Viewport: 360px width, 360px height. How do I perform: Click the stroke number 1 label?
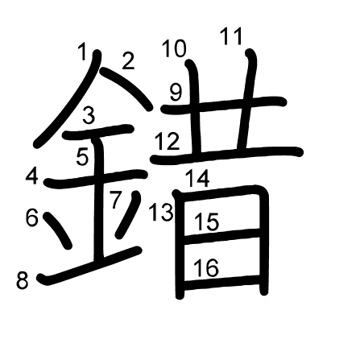point(83,52)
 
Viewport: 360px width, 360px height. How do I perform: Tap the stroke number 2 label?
point(128,61)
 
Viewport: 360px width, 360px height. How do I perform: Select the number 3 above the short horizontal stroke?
point(89,115)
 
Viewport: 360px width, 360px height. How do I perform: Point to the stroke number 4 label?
point(31,176)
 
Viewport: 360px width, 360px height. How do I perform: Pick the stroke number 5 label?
point(82,157)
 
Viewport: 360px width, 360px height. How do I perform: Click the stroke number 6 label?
point(32,217)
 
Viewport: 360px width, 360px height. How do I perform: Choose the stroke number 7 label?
point(116,200)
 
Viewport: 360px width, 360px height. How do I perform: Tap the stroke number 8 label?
point(23,280)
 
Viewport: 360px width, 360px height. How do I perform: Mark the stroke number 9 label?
point(176,92)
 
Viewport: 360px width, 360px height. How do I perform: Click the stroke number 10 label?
point(175,48)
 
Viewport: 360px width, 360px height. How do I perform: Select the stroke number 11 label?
point(231,36)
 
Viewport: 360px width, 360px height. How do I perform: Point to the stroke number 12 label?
point(168,141)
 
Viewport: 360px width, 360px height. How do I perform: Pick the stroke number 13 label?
point(161,212)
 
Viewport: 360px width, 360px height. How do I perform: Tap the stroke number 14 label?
point(197,178)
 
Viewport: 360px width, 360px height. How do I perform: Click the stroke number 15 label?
point(207,221)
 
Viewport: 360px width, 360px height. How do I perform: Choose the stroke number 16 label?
point(206,267)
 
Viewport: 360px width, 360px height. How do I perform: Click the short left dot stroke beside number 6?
point(57,230)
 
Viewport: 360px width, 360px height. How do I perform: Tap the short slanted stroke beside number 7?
point(128,214)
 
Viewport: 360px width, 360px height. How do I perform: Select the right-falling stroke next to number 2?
point(126,89)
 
